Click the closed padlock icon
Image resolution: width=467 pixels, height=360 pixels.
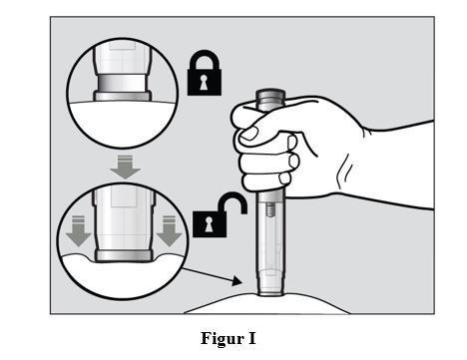coord(205,73)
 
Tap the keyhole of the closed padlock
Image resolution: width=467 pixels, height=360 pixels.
coord(204,82)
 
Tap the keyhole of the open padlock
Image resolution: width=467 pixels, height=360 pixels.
coord(209,224)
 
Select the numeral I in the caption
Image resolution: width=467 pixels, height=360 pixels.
coord(252,338)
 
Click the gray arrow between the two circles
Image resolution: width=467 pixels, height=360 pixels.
coord(125,168)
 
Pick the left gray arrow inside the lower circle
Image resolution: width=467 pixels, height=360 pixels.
coord(78,231)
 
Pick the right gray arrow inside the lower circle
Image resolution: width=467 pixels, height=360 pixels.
coord(170,231)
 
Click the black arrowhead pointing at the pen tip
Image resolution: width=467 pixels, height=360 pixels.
coord(236,281)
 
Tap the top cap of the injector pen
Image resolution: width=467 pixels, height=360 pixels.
coord(270,97)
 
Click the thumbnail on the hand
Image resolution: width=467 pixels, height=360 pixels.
coord(249,134)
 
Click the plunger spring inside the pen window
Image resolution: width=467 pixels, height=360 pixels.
coord(270,210)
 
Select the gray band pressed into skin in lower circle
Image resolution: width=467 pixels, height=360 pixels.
coord(124,255)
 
